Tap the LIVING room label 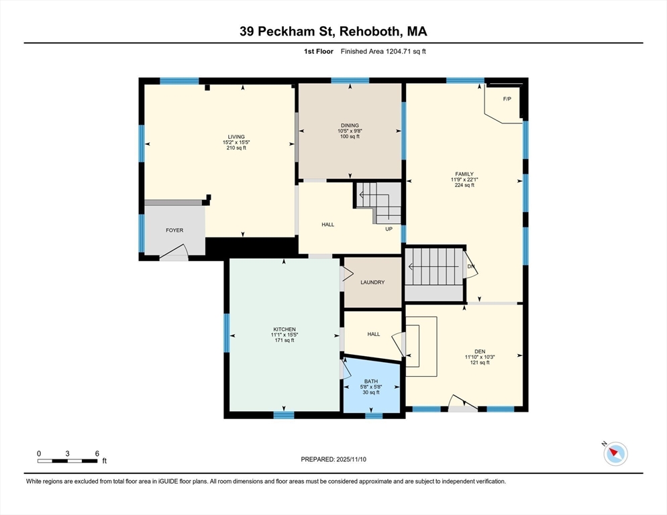coord(236,137)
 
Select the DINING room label coord(350,125)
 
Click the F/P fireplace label coord(507,99)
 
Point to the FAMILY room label coord(464,174)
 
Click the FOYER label coord(174,230)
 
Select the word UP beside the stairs coord(389,229)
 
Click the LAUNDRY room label coord(372,282)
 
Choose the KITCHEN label coord(285,329)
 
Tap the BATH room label coord(371,382)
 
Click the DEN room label coord(480,351)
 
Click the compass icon coord(615,453)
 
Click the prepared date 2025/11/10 coord(352,459)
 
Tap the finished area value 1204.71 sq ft coord(406,52)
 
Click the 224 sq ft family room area coord(464,185)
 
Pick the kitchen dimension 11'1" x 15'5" coord(285,335)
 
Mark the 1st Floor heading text coord(319,52)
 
